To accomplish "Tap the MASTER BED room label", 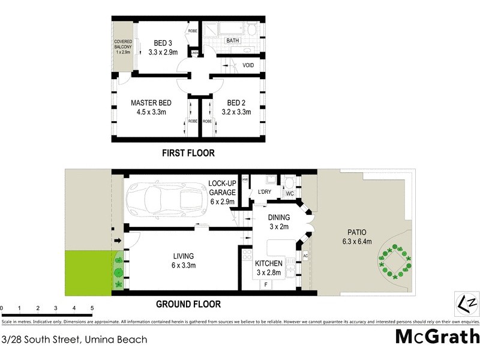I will tap(148, 103).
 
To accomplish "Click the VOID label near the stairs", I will tap(248, 65).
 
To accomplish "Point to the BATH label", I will tap(232, 41).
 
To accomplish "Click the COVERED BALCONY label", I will tap(122, 46).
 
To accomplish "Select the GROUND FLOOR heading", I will tap(189, 304).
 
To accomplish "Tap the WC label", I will tap(289, 193).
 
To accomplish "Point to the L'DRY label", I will tap(265, 191).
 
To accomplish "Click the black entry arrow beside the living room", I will tap(118, 241).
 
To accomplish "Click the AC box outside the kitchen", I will tap(305, 256).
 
